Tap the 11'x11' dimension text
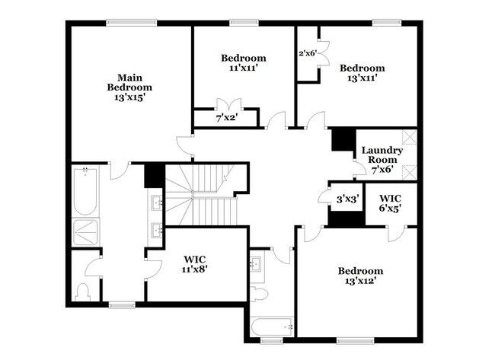pyautogui.click(x=244, y=68)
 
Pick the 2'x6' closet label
pyautogui.click(x=307, y=54)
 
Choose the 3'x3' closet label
pyautogui.click(x=346, y=199)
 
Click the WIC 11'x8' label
pyautogui.click(x=195, y=264)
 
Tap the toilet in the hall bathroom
pyautogui.click(x=259, y=294)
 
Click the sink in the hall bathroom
pyautogui.click(x=256, y=265)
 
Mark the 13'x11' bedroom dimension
pyautogui.click(x=362, y=77)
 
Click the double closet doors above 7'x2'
pyautogui.click(x=228, y=104)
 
